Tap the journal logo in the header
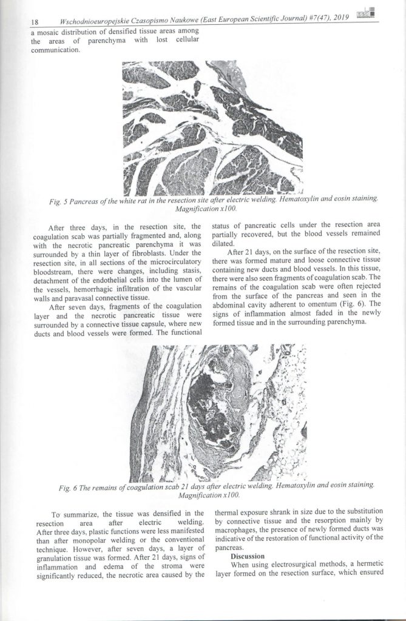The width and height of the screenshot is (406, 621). [x=367, y=15]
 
